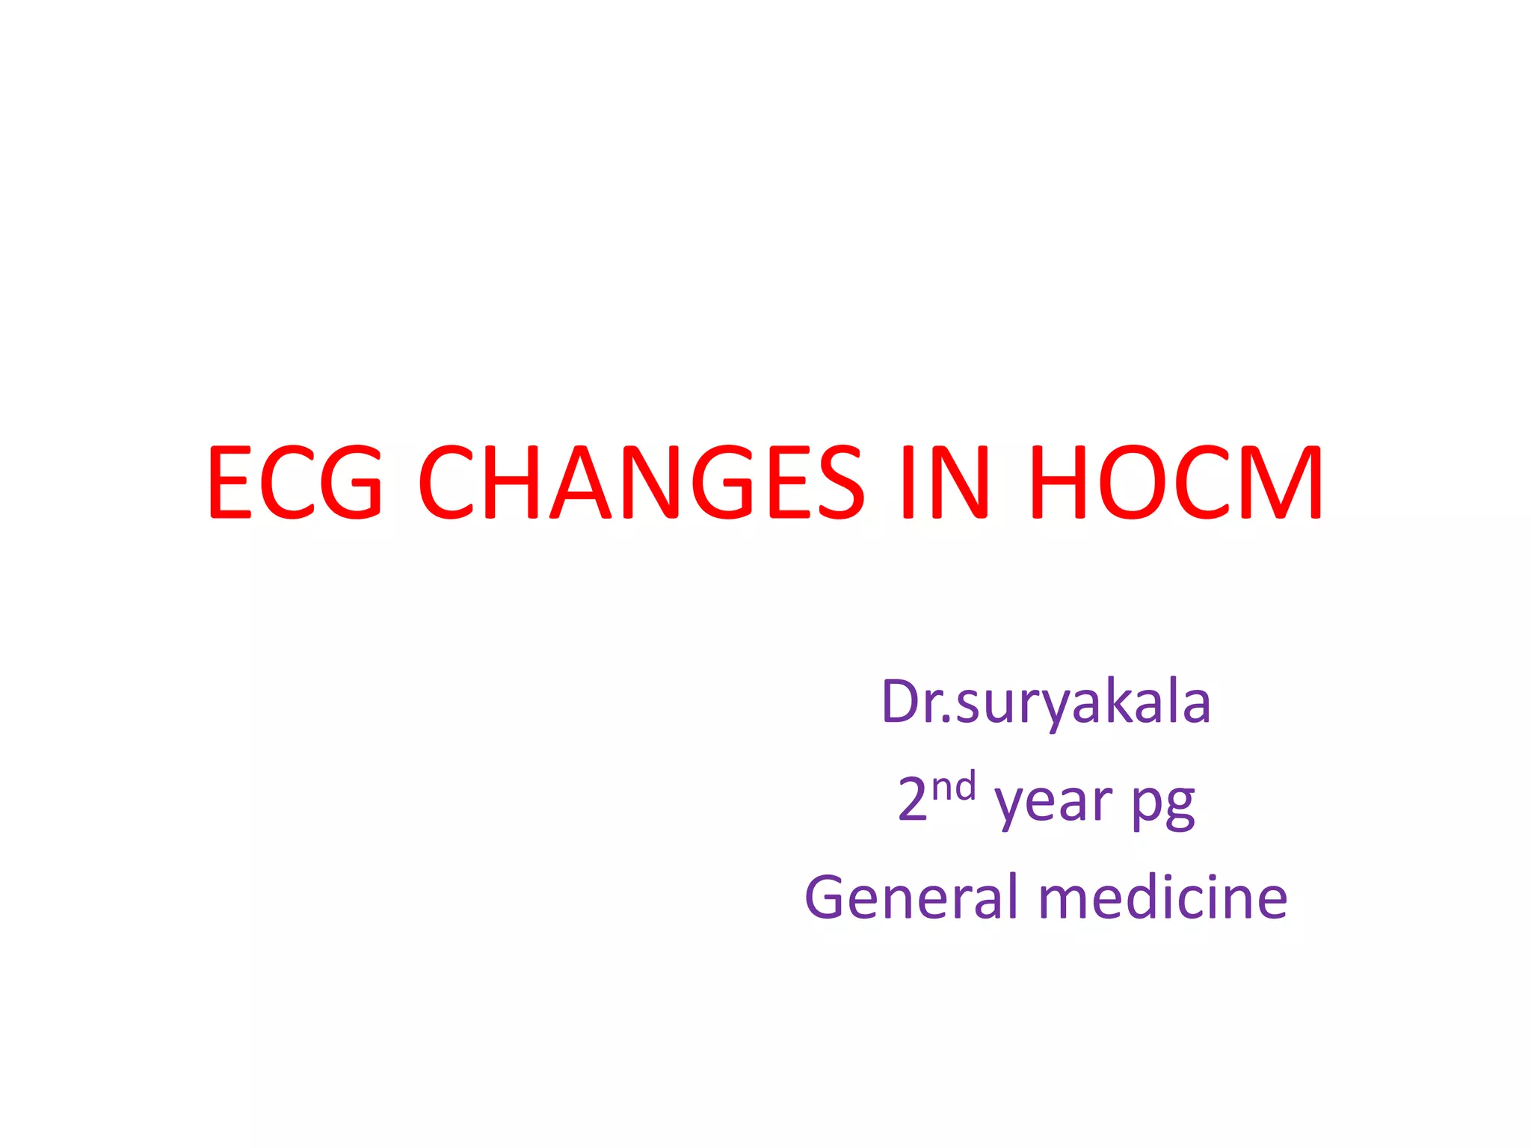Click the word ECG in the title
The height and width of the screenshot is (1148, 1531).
click(x=295, y=482)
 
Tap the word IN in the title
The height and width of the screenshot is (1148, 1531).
click(x=945, y=482)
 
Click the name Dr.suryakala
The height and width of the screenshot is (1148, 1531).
click(x=1046, y=703)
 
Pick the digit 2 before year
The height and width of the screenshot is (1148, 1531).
click(x=913, y=800)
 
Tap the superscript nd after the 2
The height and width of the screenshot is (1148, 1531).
click(x=954, y=787)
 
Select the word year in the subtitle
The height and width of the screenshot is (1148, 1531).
click(x=1053, y=803)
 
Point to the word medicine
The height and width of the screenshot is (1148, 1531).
click(x=1163, y=897)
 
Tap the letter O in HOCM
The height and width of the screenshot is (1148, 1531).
click(x=1132, y=482)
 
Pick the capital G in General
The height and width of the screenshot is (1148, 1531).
click(x=827, y=897)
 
